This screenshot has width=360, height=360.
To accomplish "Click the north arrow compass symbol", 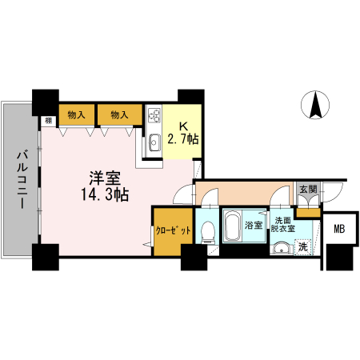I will pyautogui.click(x=315, y=104).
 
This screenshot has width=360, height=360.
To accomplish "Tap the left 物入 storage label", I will pyautogui.click(x=78, y=115).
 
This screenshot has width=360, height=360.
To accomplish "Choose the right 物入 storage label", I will pyautogui.click(x=118, y=115).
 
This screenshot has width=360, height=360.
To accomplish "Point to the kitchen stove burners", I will pyautogui.click(x=154, y=117).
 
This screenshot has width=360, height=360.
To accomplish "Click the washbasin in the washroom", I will pyautogui.click(x=280, y=248).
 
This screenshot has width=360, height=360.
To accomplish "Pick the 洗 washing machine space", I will pyautogui.click(x=302, y=247).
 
